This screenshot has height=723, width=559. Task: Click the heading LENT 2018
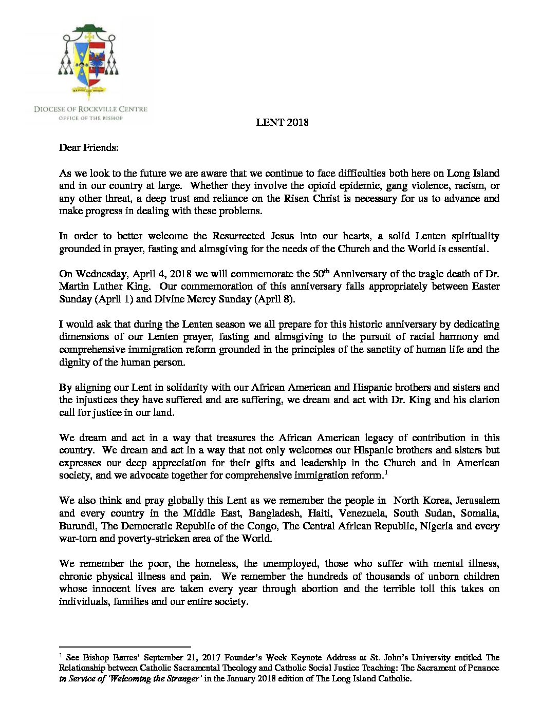click(x=282, y=122)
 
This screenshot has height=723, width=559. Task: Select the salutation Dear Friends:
click(x=89, y=148)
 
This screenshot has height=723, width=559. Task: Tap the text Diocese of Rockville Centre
click(x=90, y=109)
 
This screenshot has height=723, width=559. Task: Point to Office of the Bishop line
click(x=90, y=118)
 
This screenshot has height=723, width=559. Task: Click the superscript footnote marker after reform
click(x=386, y=473)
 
